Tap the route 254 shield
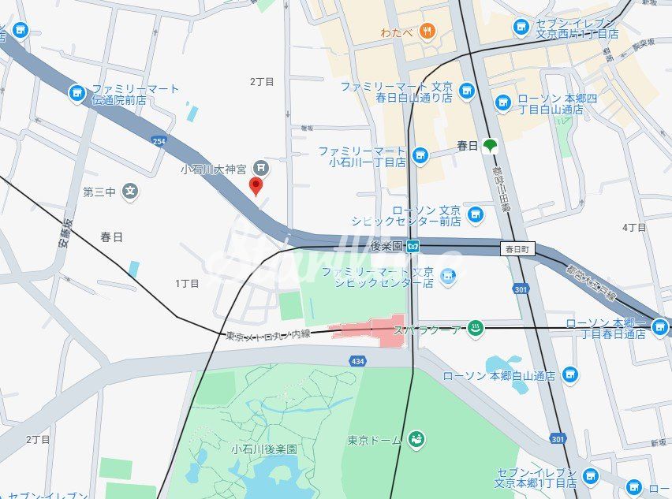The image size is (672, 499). pyautogui.click(x=160, y=141)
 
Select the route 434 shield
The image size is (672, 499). pyautogui.click(x=357, y=360)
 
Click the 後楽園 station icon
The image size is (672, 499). pyautogui.click(x=413, y=247)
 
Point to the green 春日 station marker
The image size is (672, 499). pyautogui.click(x=491, y=145)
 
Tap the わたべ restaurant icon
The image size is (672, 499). pyautogui.click(x=427, y=32)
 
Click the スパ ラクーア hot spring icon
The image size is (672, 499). pyautogui.click(x=475, y=330)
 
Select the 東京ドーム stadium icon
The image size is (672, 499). pyautogui.click(x=416, y=439)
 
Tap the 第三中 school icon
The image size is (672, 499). pyautogui.click(x=131, y=191)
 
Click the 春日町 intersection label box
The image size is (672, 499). pyautogui.click(x=517, y=248)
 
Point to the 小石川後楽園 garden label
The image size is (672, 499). pyautogui.click(x=264, y=449)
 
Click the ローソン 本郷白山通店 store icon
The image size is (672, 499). pyautogui.click(x=570, y=376)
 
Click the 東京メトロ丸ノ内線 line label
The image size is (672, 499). pyautogui.click(x=268, y=335)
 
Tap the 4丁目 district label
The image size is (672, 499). pyautogui.click(x=634, y=227)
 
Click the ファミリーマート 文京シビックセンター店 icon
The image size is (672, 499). pyautogui.click(x=448, y=276)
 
